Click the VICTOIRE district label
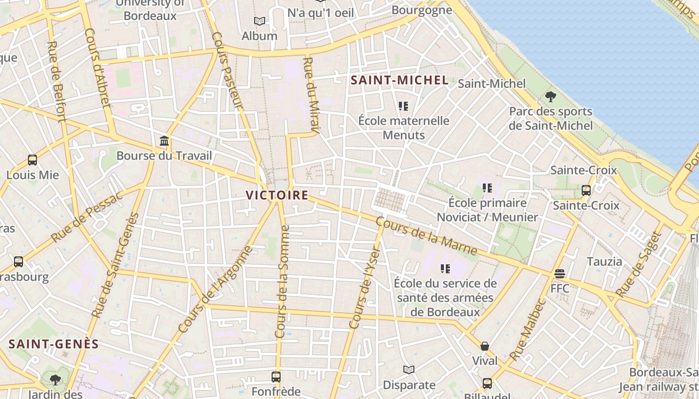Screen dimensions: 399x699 pyautogui.click(x=277, y=195)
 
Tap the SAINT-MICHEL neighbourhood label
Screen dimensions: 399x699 pyautogui.click(x=399, y=80)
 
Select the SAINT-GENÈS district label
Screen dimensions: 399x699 pyautogui.click(x=54, y=344)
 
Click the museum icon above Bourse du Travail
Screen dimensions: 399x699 pyautogui.click(x=164, y=141)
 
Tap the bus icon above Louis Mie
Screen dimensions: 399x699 pyautogui.click(x=32, y=160)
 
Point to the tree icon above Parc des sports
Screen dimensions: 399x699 pyautogui.click(x=551, y=96)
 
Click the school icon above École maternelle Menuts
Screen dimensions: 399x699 pyautogui.click(x=403, y=106)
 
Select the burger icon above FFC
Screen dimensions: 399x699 pyautogui.click(x=560, y=273)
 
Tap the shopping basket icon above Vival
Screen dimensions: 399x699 pyautogui.click(x=484, y=346)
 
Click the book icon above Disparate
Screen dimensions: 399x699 pyautogui.click(x=409, y=370)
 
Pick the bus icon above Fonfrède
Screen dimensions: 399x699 pyautogui.click(x=276, y=376)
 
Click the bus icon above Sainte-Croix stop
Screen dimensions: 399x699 pyautogui.click(x=586, y=190)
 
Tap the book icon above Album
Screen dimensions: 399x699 pyautogui.click(x=259, y=21)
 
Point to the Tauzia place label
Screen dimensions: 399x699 pyautogui.click(x=604, y=261)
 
